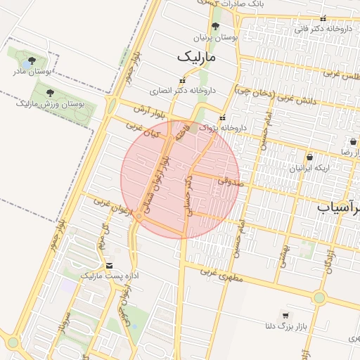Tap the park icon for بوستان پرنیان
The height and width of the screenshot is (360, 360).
(215, 25)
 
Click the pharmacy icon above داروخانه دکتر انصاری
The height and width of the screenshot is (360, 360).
(183, 81)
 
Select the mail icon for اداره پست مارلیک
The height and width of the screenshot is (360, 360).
(109, 265)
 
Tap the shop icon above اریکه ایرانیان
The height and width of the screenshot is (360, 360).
(309, 157)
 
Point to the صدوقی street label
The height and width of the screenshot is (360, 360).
(229, 181)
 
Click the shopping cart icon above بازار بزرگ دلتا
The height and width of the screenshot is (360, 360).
(285, 315)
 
